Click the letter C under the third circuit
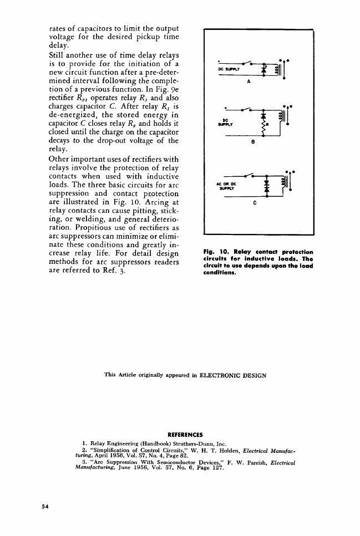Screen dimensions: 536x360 tap(253, 203)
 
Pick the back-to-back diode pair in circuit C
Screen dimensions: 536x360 tap(266, 186)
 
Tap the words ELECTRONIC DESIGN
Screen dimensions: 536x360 tap(238, 375)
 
